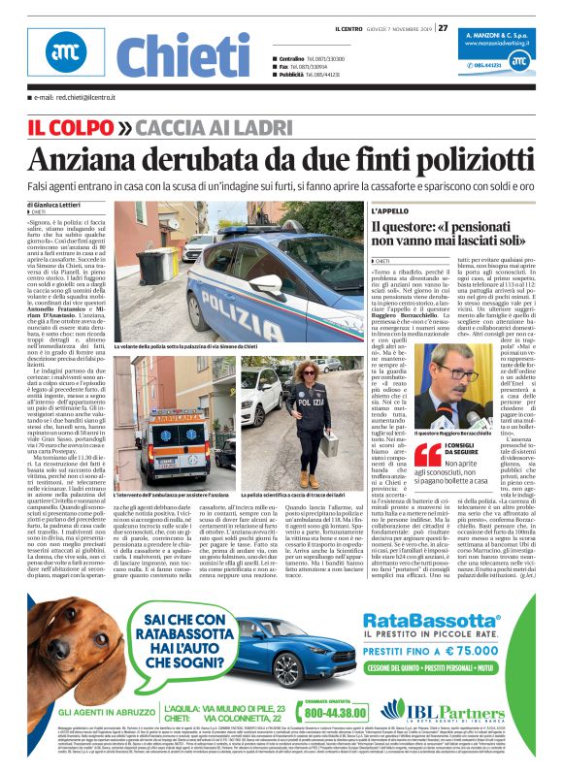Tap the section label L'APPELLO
(390, 210)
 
